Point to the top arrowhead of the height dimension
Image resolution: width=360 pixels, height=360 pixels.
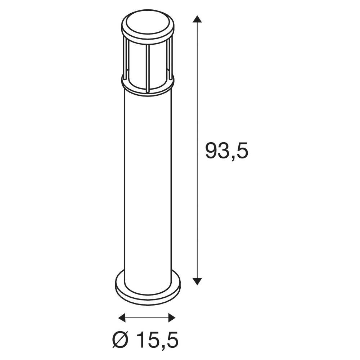click(197, 19)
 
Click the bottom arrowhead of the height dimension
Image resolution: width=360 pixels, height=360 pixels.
click(197, 281)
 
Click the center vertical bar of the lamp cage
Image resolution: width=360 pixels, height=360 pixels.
click(147, 68)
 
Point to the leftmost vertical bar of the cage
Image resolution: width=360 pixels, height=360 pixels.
click(125, 59)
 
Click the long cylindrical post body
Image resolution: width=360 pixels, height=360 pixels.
click(148, 180)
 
